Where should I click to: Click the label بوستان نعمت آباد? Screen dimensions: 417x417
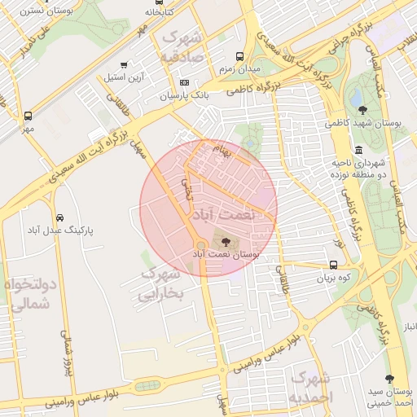226,254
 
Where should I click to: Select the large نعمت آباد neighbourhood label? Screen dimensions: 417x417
222,214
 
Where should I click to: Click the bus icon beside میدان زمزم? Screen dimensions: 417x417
239,56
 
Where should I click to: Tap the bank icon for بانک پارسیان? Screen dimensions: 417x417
184,83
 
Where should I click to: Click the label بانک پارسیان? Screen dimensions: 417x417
185,96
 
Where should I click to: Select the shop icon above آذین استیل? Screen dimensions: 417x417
124,65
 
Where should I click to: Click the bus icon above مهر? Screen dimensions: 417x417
29,116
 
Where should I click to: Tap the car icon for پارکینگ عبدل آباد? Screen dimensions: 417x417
60,218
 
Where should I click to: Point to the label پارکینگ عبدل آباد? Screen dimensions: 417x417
61,231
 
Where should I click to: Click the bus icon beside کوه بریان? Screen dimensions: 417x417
334,265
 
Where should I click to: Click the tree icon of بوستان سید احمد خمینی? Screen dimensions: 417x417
389,378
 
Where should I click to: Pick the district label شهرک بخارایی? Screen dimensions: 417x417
162,284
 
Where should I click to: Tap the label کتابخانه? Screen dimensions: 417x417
160,12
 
